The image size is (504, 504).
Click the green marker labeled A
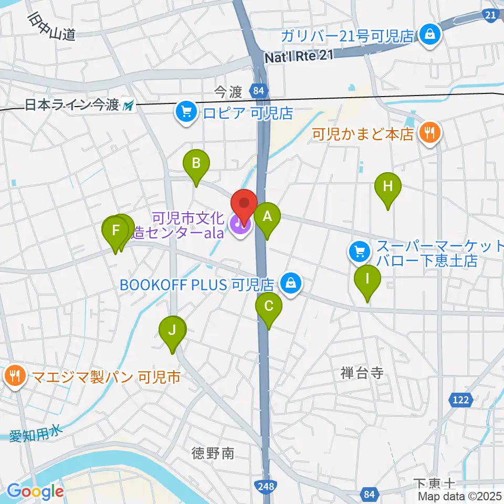[267, 216]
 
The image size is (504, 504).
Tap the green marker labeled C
[268, 306]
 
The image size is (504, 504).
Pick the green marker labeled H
[387, 187]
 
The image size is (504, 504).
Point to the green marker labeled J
[172, 331]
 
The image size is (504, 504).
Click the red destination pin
[244, 204]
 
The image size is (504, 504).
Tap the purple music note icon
[239, 225]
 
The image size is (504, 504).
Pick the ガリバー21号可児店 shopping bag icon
[430, 36]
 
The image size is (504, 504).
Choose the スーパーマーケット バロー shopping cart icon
[359, 251]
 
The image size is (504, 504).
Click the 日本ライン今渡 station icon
[128, 106]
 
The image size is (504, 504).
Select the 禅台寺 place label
[362, 374]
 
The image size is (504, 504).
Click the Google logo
[36, 491]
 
